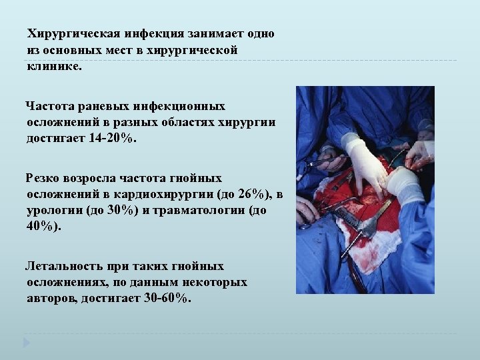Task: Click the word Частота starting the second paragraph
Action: [49, 106]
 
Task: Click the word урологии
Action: [53, 210]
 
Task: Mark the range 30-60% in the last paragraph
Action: [166, 298]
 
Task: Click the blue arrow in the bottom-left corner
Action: [27, 343]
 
